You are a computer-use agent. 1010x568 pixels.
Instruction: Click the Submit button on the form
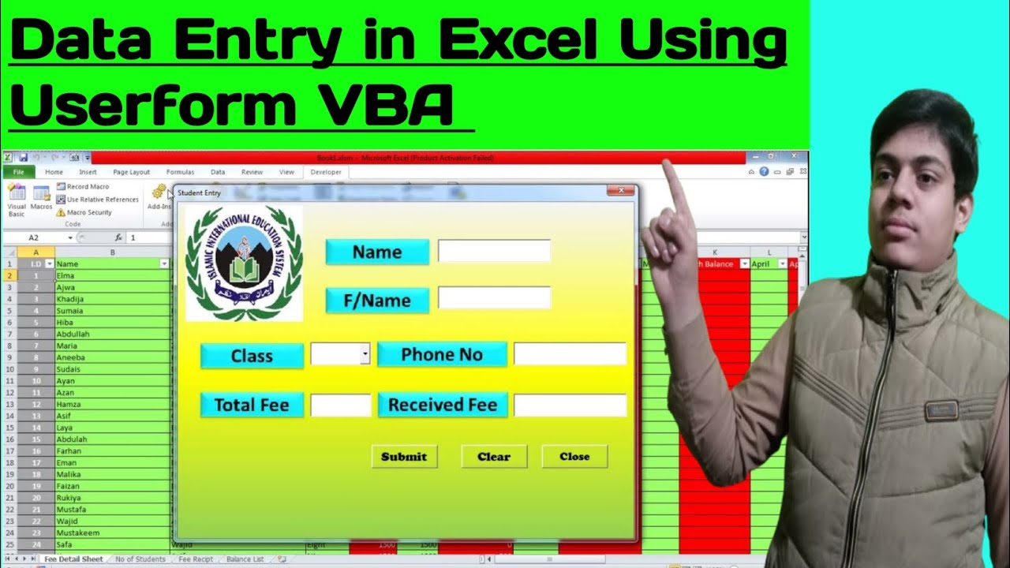click(404, 456)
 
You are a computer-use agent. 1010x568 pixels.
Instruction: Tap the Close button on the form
click(574, 456)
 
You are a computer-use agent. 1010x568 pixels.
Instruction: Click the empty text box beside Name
click(494, 251)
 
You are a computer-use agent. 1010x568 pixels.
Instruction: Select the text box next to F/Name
click(494, 298)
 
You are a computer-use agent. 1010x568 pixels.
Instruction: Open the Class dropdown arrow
click(365, 354)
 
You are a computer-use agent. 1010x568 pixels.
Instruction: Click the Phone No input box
click(570, 354)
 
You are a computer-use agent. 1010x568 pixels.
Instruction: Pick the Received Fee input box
click(570, 405)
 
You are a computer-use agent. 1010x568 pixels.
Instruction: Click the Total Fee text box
click(340, 405)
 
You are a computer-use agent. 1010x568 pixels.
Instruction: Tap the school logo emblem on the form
click(244, 263)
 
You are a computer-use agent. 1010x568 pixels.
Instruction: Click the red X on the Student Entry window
click(621, 191)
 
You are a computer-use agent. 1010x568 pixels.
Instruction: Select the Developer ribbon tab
click(326, 172)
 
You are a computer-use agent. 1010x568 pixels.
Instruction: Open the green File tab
click(18, 172)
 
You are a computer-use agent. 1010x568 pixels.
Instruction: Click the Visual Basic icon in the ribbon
click(17, 197)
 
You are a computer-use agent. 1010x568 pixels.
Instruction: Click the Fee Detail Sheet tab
click(73, 559)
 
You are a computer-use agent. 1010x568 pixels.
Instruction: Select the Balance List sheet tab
click(245, 559)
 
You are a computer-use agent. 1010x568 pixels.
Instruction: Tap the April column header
click(764, 264)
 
